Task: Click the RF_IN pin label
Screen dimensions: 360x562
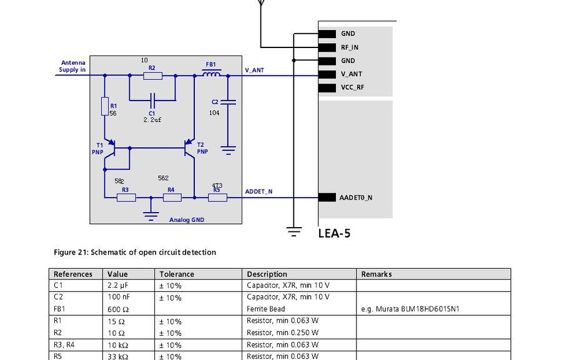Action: pos(349,47)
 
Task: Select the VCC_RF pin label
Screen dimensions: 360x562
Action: pos(352,87)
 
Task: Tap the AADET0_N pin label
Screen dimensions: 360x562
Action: pos(355,198)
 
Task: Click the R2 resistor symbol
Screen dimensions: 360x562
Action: pos(152,76)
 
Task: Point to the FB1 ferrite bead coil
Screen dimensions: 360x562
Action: pos(212,75)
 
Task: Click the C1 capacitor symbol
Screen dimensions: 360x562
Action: pos(152,99)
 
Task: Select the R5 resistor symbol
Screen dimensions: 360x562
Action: pos(217,197)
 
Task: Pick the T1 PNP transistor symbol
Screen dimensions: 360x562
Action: pos(111,148)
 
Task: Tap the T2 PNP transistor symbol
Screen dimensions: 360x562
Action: pos(189,148)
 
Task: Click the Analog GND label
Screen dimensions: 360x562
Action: pos(187,220)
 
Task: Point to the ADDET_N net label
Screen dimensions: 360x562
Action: pos(259,192)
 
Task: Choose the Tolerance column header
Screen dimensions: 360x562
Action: pos(177,274)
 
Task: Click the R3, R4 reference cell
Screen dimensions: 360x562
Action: pos(66,345)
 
